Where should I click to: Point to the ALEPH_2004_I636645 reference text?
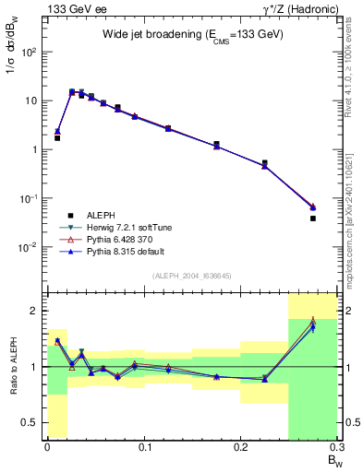click(193, 276)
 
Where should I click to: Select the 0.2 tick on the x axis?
click(240, 447)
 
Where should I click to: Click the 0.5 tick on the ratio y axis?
click(32, 422)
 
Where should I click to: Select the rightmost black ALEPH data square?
click(313, 218)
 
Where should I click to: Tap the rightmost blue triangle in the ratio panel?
click(313, 326)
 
